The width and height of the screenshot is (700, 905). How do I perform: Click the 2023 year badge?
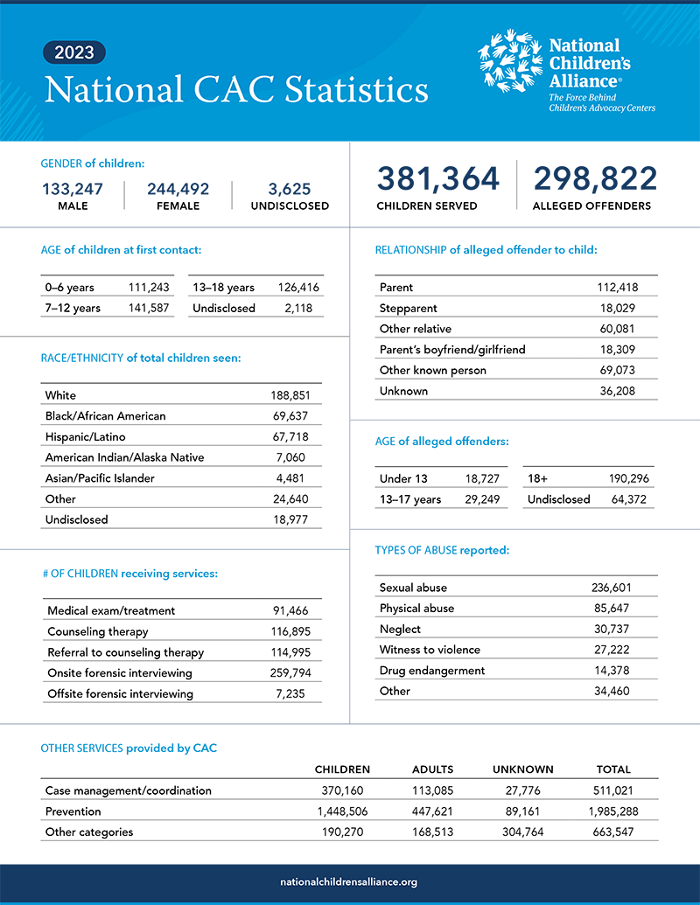click(x=74, y=52)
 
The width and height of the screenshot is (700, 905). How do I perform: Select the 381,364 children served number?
click(x=438, y=179)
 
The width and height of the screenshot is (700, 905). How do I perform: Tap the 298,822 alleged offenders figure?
click(x=595, y=179)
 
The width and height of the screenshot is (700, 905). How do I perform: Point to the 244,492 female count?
click(x=178, y=189)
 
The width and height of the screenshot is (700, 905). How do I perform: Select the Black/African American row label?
click(x=105, y=415)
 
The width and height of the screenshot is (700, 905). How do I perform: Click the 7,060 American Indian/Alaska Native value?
click(x=289, y=457)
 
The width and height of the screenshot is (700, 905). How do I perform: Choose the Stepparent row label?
click(x=408, y=308)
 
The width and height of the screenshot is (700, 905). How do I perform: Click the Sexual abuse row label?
click(x=413, y=588)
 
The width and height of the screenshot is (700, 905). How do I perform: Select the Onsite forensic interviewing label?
click(x=120, y=672)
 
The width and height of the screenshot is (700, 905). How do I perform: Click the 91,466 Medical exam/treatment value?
click(x=289, y=610)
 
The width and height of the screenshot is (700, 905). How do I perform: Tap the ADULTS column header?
click(x=432, y=769)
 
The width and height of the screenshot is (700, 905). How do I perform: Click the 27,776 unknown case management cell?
click(x=522, y=790)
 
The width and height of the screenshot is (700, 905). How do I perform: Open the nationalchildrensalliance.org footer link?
click(x=349, y=882)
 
